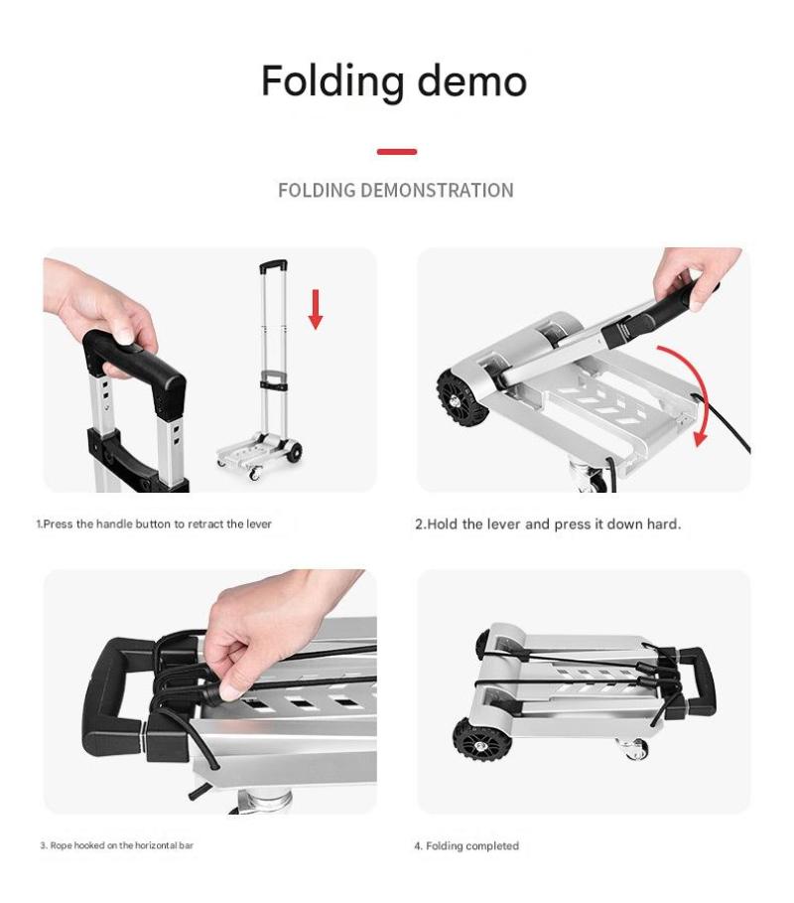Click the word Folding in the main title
(x=332, y=81)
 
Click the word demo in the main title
(x=471, y=80)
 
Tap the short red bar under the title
(x=397, y=151)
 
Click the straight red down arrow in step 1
(x=316, y=309)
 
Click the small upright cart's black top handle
(x=273, y=266)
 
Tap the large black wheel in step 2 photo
(x=461, y=397)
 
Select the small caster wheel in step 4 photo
(x=634, y=749)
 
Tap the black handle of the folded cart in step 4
(x=699, y=680)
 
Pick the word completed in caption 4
(x=492, y=846)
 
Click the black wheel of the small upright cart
(x=294, y=452)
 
